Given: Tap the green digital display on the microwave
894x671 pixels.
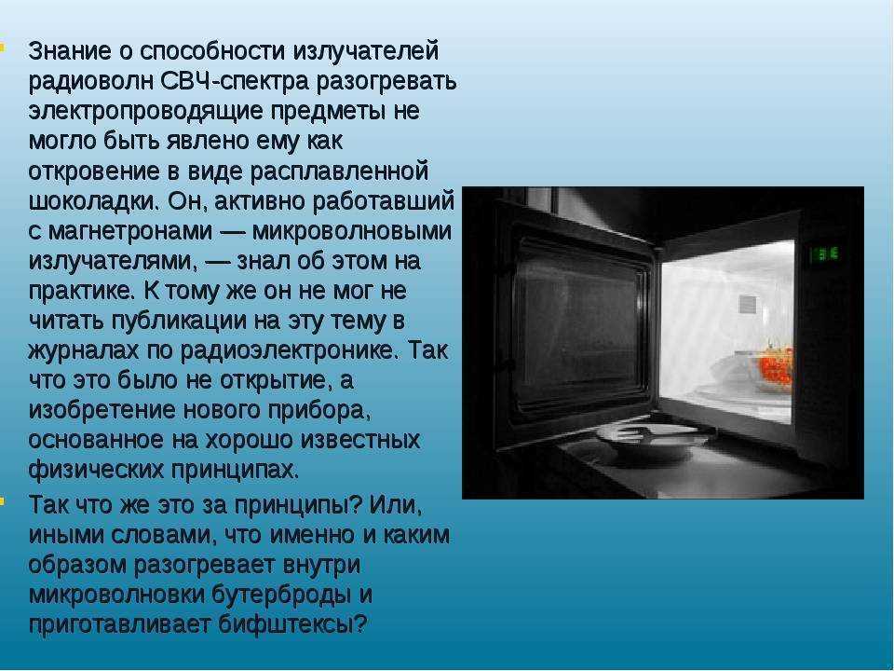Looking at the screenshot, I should pos(821,253).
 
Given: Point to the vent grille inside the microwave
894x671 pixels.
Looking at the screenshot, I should pos(749,305).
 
